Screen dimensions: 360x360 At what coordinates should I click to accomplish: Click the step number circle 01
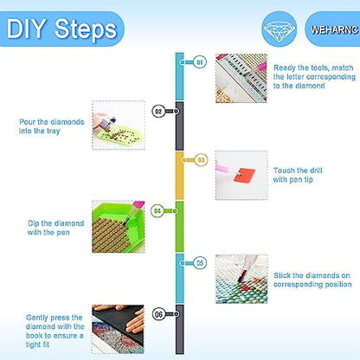200,62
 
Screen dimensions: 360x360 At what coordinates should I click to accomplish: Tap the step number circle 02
158,112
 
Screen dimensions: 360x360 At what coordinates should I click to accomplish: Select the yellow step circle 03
201,160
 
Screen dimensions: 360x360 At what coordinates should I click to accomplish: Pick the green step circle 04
157,211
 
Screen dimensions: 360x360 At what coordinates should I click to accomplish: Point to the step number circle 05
200,263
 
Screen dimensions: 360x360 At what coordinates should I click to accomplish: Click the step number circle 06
159,314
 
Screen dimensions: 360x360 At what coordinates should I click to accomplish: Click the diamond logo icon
280,29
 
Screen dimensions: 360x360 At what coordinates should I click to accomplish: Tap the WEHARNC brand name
335,29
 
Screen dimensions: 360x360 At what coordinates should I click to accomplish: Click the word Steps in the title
86,29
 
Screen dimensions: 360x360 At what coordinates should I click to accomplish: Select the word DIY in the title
27,29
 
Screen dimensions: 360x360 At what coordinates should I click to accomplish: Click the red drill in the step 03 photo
244,175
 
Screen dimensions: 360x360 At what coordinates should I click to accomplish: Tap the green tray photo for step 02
119,125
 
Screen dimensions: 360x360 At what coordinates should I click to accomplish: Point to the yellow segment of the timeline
179,176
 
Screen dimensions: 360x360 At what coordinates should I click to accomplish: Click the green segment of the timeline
179,227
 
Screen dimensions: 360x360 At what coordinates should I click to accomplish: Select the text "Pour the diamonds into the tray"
51,126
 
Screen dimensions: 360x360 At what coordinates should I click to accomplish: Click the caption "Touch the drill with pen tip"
298,175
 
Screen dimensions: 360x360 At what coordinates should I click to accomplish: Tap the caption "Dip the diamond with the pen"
55,228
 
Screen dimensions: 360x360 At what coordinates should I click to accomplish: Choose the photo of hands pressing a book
118,330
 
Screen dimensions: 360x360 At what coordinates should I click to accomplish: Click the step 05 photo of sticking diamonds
241,279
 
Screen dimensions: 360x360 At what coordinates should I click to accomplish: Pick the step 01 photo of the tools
241,78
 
